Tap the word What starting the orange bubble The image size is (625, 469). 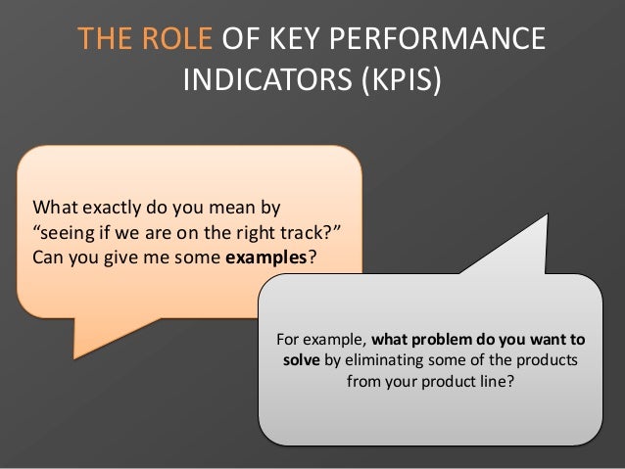(x=56, y=208)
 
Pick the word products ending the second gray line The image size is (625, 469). (x=548, y=361)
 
